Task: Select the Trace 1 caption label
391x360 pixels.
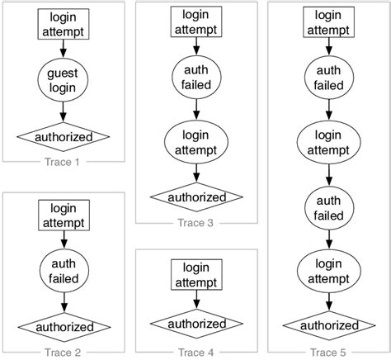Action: (x=64, y=162)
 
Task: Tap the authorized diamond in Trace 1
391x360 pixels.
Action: (x=64, y=135)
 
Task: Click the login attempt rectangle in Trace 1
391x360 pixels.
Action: (x=64, y=25)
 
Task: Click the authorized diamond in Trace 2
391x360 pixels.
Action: (x=64, y=327)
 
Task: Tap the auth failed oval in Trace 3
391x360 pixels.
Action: (x=196, y=77)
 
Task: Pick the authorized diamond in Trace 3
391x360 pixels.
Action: (x=196, y=197)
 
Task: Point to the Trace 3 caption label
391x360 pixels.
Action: (x=196, y=222)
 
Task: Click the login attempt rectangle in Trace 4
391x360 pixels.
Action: (x=196, y=274)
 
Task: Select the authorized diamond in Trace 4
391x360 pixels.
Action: (x=196, y=324)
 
